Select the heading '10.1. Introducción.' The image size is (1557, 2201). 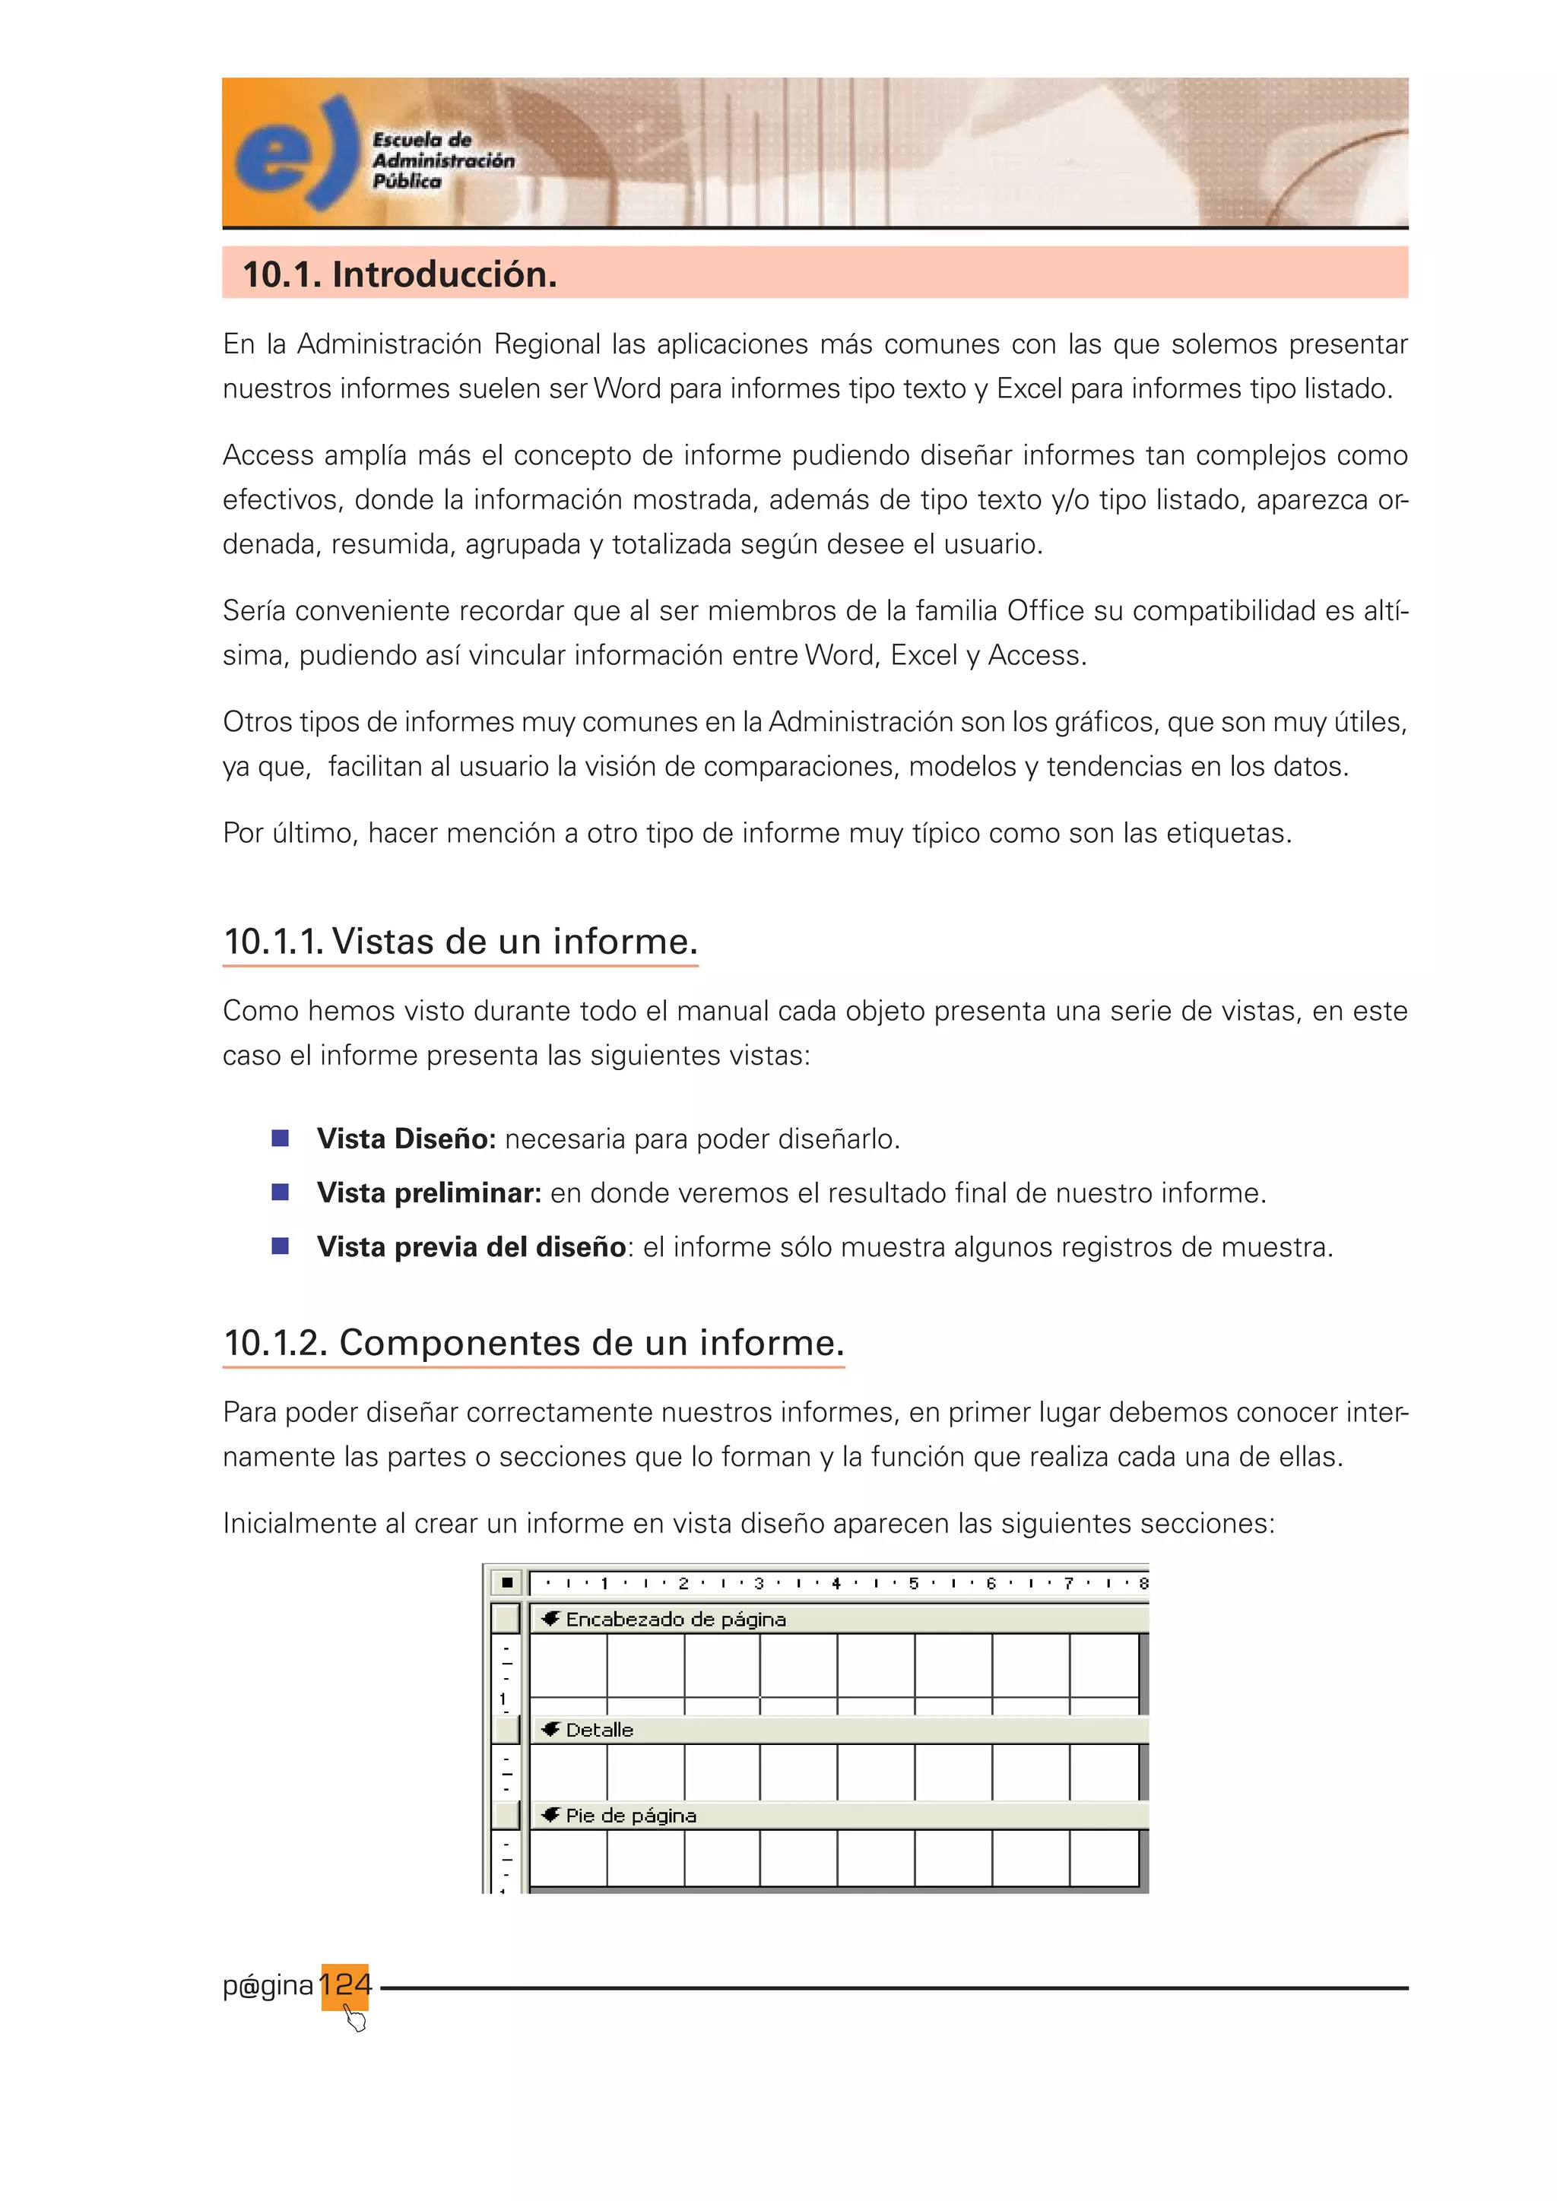point(400,274)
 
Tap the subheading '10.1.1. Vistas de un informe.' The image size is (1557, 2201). point(460,942)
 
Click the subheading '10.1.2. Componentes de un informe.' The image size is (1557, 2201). point(533,1342)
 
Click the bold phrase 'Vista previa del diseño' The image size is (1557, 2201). point(471,1246)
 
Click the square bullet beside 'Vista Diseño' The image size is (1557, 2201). point(280,1138)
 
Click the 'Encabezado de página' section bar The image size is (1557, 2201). point(675,1619)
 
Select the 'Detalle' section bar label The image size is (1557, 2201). point(599,1729)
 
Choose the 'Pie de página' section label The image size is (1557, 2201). point(630,1815)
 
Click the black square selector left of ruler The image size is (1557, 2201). point(506,1582)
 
